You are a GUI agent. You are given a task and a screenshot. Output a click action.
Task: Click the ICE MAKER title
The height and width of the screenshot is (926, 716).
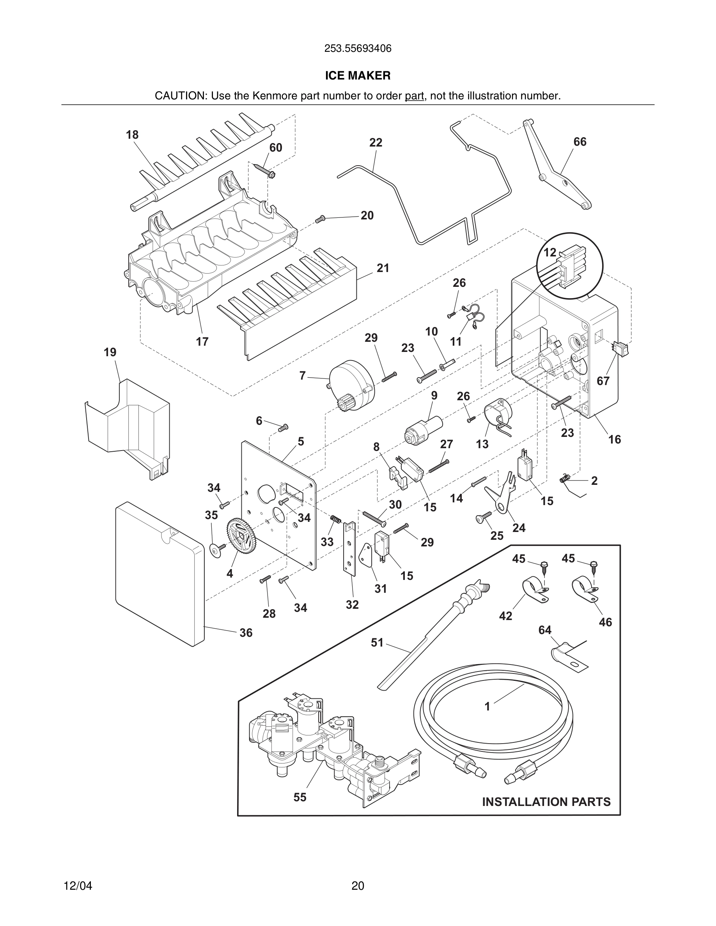[358, 76]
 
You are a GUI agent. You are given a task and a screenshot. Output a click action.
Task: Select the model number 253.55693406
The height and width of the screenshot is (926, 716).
[358, 49]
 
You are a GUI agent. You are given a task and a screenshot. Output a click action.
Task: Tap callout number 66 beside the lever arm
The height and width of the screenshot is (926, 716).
[580, 141]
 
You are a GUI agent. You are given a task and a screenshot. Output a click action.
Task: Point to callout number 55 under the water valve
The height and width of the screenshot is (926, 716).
[300, 797]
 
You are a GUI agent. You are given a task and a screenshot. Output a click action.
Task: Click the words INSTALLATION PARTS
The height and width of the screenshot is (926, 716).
[546, 802]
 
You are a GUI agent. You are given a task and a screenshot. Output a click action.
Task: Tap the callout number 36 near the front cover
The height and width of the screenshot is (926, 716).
[246, 633]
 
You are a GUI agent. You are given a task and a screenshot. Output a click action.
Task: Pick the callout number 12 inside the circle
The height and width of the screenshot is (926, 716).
[550, 253]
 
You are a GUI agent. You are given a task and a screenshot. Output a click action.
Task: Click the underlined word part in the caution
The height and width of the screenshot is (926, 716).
[414, 96]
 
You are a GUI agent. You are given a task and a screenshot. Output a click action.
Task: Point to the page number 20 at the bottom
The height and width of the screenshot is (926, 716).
[358, 886]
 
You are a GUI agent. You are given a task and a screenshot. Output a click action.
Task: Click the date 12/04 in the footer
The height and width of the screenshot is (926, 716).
[78, 886]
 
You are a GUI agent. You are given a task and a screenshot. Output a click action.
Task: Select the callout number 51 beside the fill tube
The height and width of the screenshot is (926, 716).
[377, 642]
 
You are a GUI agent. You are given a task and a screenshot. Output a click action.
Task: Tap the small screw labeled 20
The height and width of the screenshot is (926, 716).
[320, 219]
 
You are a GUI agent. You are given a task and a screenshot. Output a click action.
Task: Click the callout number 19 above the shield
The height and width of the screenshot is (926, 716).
[110, 352]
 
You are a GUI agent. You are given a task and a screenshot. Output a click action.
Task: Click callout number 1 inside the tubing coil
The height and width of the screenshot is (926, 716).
[487, 706]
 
